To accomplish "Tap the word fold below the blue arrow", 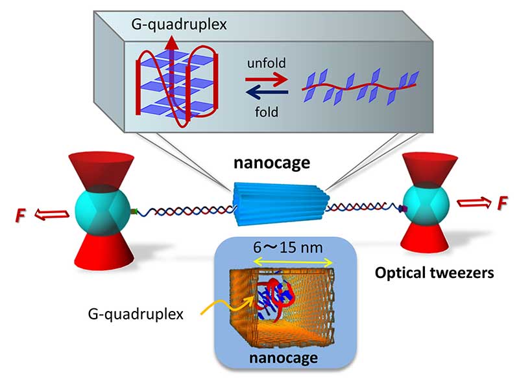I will (266, 111).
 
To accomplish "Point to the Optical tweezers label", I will (435, 273).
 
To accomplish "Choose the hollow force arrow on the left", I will (50, 211).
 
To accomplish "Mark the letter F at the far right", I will (501, 205).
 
